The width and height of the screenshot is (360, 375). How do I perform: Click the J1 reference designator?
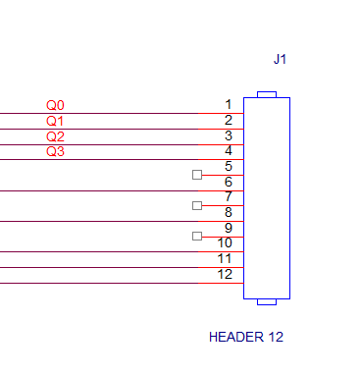coord(280,59)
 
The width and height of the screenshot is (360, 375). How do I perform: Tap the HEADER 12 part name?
coord(246,337)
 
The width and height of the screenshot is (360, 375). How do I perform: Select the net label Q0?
coord(55,105)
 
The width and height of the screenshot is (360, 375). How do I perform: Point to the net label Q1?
coord(55,121)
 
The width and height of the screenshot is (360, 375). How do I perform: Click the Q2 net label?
coord(55,136)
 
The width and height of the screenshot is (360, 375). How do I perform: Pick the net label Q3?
coord(55,151)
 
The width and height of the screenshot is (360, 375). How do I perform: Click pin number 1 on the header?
coord(229,105)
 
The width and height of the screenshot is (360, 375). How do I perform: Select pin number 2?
coord(229,120)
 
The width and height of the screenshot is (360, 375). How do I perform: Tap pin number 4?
coord(229,151)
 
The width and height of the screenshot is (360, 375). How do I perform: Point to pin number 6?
coord(229,182)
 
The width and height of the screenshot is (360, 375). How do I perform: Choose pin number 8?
coord(229,212)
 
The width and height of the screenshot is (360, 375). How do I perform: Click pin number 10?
coord(225,242)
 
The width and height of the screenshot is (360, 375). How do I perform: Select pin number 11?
coord(225,259)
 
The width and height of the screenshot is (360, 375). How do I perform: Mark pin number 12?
coord(225,274)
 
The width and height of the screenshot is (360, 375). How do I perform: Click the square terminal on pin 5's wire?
coord(197,175)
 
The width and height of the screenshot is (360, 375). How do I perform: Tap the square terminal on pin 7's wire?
coord(197,205)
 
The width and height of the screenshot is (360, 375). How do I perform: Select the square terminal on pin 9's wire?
coord(197,236)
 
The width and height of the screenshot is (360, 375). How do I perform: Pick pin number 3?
coord(229,135)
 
